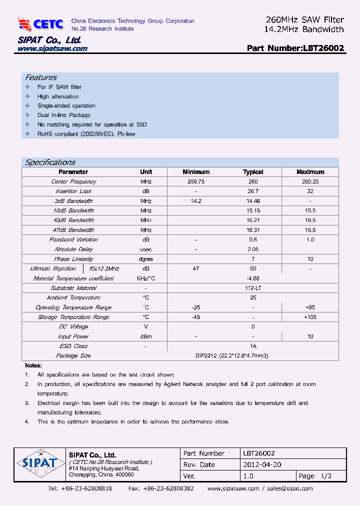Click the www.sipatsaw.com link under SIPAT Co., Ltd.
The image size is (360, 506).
click(x=52, y=49)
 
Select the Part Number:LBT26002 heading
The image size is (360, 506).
click(x=295, y=49)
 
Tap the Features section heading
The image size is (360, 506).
click(x=41, y=77)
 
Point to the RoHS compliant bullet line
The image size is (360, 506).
click(x=86, y=134)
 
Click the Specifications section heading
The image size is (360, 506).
click(x=50, y=162)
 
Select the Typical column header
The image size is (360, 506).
click(x=253, y=172)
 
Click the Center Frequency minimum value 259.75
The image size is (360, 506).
click(x=196, y=182)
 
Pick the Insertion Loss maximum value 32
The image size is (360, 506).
click(x=310, y=191)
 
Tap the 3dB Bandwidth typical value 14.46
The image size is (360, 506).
click(x=253, y=201)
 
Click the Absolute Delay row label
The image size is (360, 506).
click(x=73, y=249)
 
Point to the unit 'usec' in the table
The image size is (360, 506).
click(x=146, y=249)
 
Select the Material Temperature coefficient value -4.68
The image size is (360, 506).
click(x=253, y=278)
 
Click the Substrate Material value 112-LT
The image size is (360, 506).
click(x=253, y=288)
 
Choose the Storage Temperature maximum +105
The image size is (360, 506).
click(x=310, y=317)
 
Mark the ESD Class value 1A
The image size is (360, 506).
click(x=253, y=346)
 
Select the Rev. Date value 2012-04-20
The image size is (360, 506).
click(x=262, y=464)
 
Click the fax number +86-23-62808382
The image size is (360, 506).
click(x=167, y=488)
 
